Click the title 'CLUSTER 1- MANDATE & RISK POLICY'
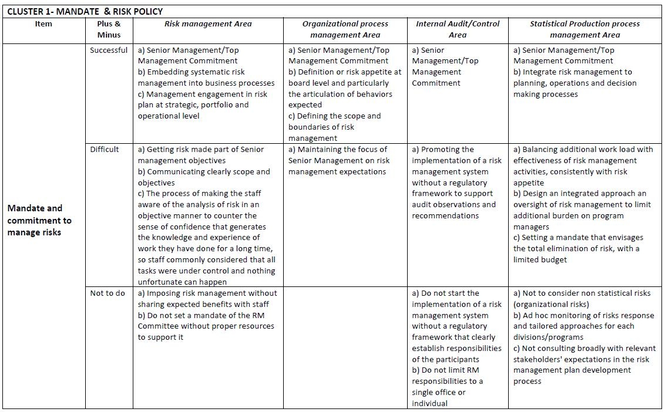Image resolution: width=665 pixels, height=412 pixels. tap(85, 11)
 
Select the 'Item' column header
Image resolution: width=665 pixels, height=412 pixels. tap(43, 24)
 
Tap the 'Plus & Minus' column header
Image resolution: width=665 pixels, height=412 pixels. tap(109, 29)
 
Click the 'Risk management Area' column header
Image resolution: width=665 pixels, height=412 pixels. tap(208, 24)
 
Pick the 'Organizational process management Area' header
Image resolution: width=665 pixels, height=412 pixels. tap(345, 29)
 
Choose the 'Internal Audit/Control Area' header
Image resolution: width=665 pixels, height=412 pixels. tap(458, 29)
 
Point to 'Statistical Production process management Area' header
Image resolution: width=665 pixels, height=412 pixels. tap(585, 29)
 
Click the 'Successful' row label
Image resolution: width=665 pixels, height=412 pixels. tap(109, 50)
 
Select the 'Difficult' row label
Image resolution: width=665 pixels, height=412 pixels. tap(105, 149)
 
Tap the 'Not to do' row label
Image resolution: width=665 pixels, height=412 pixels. tap(108, 293)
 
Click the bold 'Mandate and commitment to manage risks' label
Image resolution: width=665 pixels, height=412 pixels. tap(39, 220)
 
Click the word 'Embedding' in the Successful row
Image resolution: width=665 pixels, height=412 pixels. tap(167, 72)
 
